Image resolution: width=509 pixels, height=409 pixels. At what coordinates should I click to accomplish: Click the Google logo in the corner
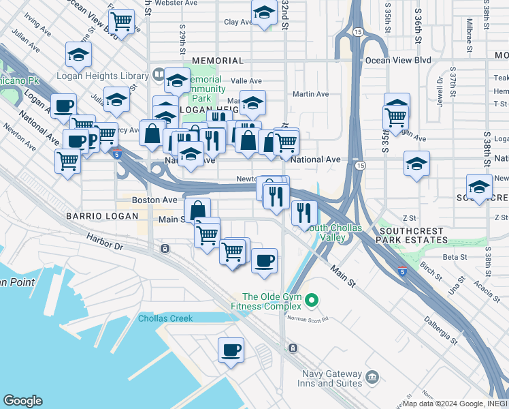[x=22, y=401]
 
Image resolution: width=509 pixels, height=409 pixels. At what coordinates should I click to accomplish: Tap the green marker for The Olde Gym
[x=312, y=299]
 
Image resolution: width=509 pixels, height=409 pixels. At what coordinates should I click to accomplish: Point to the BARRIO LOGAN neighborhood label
[x=93, y=215]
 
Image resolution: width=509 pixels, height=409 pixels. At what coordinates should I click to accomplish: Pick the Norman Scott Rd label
[x=308, y=318]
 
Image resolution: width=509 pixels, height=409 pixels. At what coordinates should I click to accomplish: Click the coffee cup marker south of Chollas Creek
[x=231, y=350]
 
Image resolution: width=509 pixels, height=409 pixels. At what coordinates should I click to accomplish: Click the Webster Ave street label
[x=176, y=3]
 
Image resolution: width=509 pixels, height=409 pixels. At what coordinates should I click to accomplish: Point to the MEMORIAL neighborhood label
[x=218, y=61]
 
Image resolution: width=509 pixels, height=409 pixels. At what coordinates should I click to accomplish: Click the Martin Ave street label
[x=310, y=94]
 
